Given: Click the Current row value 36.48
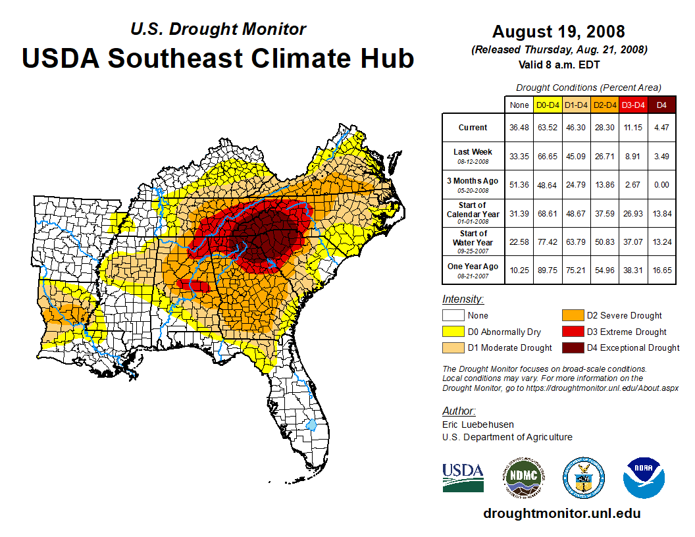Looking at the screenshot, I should (x=519, y=127).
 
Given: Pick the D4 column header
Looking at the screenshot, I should (x=661, y=105).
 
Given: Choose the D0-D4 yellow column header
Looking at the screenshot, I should (x=548, y=105).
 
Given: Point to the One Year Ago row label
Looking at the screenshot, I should (x=473, y=267).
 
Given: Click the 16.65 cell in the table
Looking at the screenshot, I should (x=661, y=267).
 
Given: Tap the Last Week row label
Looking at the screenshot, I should (x=473, y=152).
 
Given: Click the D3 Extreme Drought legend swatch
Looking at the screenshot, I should (x=572, y=332).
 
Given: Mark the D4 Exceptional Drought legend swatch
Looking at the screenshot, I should (x=572, y=347).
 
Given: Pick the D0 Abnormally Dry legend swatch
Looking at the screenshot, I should (x=453, y=332).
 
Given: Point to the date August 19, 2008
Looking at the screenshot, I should (x=559, y=32).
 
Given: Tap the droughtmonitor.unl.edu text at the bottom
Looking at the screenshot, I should (x=561, y=513).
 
